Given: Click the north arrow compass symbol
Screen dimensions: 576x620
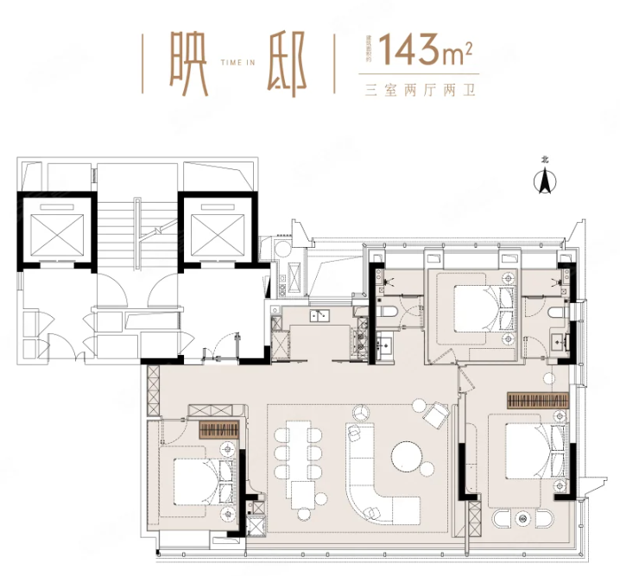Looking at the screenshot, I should [545, 180].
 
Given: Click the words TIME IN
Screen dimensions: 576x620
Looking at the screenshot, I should [236, 64].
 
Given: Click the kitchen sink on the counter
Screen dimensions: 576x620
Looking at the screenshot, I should [320, 315].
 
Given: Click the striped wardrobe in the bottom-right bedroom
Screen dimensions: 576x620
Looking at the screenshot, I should [537, 401].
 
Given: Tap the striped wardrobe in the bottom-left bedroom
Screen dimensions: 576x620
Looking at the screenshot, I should [218, 430].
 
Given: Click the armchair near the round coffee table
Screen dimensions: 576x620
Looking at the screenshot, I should [436, 417].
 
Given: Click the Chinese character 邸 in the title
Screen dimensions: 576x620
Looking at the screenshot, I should [288, 65].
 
